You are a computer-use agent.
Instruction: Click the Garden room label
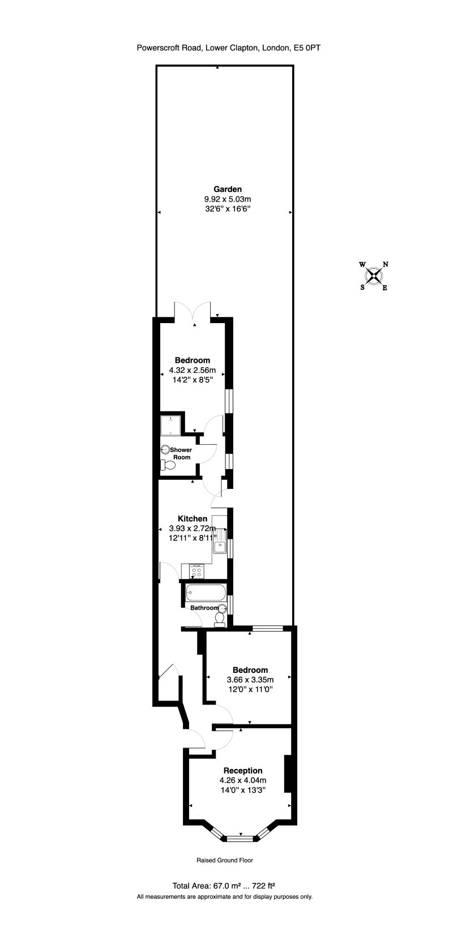pos(228,189)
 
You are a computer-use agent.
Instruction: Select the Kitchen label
pos(193,518)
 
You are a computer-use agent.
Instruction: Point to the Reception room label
pos(243,770)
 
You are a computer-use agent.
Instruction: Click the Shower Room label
pos(181,453)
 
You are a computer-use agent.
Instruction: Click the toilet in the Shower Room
pos(168,465)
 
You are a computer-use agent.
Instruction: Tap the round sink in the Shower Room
pos(165,449)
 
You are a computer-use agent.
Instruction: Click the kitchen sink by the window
pos(220,547)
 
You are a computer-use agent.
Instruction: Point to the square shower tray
pos(171,426)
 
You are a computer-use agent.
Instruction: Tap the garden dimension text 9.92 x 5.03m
pos(228,199)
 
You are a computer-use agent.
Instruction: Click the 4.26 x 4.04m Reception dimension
pos(243,780)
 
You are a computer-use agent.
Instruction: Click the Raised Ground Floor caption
pos(225,860)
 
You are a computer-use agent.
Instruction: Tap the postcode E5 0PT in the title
pos(307,48)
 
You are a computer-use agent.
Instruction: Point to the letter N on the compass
pos(385,264)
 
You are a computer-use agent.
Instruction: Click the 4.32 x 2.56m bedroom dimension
pos(193,370)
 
